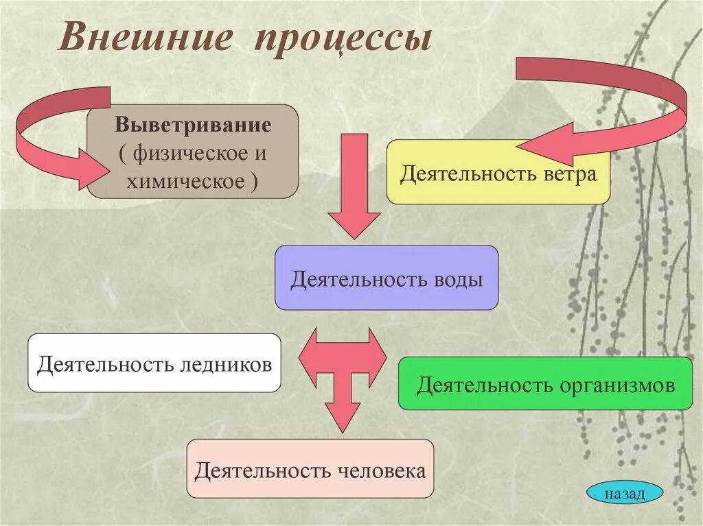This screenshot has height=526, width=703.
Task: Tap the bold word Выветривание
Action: click(x=193, y=125)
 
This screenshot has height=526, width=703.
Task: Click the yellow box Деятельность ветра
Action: click(x=498, y=172)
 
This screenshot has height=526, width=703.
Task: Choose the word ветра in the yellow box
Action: click(x=567, y=174)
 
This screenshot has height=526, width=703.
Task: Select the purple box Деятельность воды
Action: click(x=387, y=278)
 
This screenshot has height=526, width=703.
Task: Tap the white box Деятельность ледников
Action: click(x=154, y=363)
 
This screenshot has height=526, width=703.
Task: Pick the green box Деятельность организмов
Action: click(x=545, y=383)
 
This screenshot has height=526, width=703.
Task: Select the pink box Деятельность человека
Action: click(x=310, y=469)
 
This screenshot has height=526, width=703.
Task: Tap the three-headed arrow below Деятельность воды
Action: click(x=343, y=370)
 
